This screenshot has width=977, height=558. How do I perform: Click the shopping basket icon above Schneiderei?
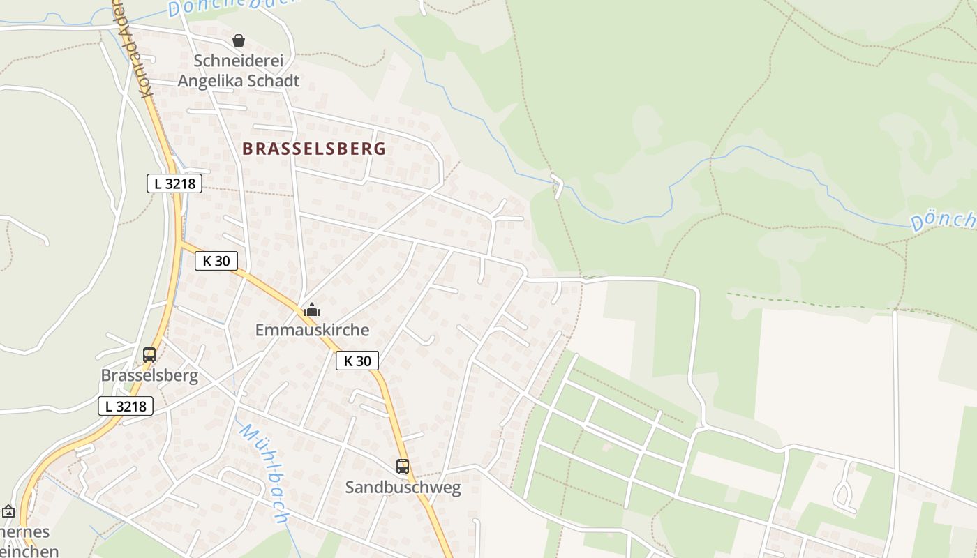[x=239, y=40]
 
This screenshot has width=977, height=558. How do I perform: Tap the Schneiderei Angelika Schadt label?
[x=239, y=70]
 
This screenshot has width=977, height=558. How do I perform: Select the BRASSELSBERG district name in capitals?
[x=314, y=149]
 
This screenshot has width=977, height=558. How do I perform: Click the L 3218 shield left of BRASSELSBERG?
[x=174, y=183]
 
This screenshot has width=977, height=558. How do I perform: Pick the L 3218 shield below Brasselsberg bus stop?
[x=126, y=406]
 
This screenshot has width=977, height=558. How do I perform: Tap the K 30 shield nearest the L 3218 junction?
[x=216, y=261]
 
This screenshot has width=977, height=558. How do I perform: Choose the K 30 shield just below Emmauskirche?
[x=357, y=361]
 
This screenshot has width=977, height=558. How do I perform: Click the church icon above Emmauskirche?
[x=311, y=310]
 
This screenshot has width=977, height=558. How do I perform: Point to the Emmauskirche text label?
[x=312, y=330]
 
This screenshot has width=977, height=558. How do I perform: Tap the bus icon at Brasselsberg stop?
[x=149, y=355]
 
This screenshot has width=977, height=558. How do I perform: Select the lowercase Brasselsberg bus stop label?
[x=149, y=376]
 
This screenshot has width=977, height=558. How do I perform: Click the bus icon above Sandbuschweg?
[x=403, y=467]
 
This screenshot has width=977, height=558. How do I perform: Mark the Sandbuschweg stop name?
[x=403, y=488]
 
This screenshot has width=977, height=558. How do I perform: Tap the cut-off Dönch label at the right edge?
[x=944, y=220]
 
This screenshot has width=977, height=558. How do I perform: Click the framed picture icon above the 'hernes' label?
[x=8, y=512]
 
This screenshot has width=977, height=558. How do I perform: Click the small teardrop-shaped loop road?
[x=844, y=493]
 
